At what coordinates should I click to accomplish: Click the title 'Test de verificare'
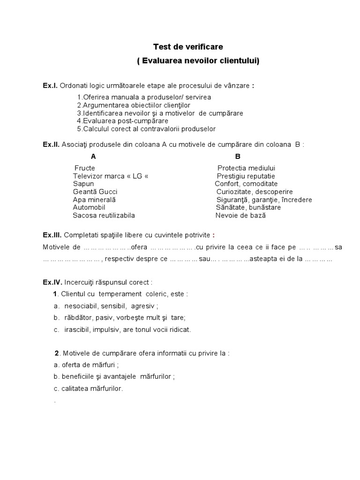pyautogui.click(x=188, y=47)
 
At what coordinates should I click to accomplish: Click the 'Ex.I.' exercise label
pyautogui.click(x=50, y=85)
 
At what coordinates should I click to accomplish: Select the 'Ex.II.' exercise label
pyautogui.click(x=51, y=144)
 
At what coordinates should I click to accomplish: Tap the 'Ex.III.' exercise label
pyautogui.click(x=52, y=234)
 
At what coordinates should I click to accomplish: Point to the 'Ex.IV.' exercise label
pyautogui.click(x=52, y=282)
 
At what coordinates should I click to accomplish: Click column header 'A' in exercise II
pyautogui.click(x=93, y=157)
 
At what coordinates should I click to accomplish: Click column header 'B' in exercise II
pyautogui.click(x=238, y=157)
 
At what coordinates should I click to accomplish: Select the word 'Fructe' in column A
pyautogui.click(x=85, y=168)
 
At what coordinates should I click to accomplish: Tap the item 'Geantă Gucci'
pyautogui.click(x=95, y=192)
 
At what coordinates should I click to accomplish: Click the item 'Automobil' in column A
pyautogui.click(x=89, y=207)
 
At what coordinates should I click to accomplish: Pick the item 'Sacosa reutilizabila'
pyautogui.click(x=104, y=215)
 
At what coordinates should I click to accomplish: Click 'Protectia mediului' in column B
pyautogui.click(x=246, y=168)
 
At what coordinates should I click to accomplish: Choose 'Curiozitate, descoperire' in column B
pyautogui.click(x=255, y=192)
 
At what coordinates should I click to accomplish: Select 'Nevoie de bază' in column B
pyautogui.click(x=240, y=215)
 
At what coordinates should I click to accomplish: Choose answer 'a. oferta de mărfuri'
pyautogui.click(x=86, y=364)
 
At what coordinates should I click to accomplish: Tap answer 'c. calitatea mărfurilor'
pyautogui.click(x=89, y=389)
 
